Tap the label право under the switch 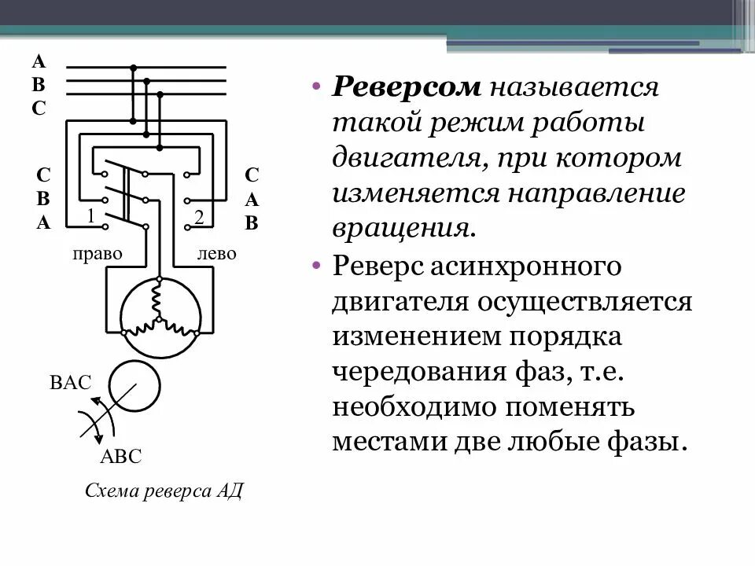tap(97, 255)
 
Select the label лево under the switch tap(216, 255)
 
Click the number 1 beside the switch tap(91, 216)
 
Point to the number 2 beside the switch tap(199, 218)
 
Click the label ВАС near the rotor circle tap(70, 384)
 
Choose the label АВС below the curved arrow tap(120, 458)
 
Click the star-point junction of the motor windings tap(157, 318)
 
